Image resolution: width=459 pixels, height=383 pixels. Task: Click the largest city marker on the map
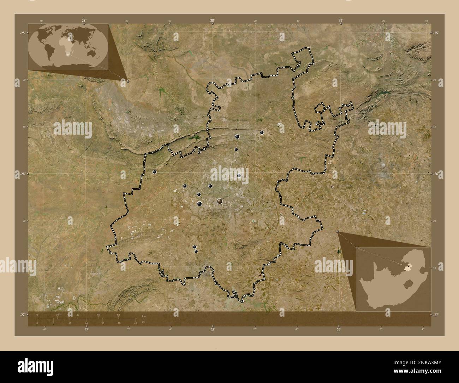pyautogui.click(x=220, y=201)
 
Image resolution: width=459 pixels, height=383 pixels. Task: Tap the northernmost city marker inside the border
pyautogui.click(x=262, y=132)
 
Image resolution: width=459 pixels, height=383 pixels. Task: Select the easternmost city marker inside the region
pyautogui.click(x=262, y=132)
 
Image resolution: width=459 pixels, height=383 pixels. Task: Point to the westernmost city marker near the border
pyautogui.click(x=154, y=172)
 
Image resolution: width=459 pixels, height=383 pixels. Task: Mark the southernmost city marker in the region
pyautogui.click(x=196, y=251)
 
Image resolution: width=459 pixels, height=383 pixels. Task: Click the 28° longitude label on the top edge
pyautogui.click(x=212, y=21)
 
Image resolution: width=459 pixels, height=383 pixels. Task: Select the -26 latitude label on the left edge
pyautogui.click(x=22, y=174)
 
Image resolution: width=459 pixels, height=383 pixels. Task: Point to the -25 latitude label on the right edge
pyautogui.click(x=436, y=33)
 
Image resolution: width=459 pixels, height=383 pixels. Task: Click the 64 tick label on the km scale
pyautogui.click(x=119, y=314)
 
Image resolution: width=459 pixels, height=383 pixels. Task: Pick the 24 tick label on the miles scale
pyautogui.click(x=86, y=323)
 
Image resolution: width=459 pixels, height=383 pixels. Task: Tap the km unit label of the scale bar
pyautogui.click(x=143, y=316)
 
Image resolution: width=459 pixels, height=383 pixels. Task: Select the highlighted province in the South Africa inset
pyautogui.click(x=409, y=265)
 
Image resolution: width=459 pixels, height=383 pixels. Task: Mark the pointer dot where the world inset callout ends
pyautogui.click(x=127, y=81)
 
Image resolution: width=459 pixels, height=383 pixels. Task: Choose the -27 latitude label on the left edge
pyautogui.click(x=22, y=314)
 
